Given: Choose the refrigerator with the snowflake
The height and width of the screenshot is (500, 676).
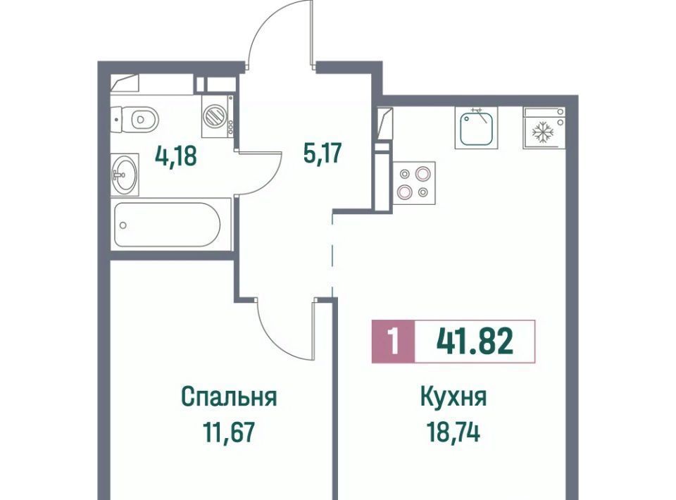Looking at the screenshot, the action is click(544, 127).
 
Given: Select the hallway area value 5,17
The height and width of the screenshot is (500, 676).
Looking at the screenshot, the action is click(323, 153).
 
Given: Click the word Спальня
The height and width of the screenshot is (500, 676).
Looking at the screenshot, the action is click(229, 397).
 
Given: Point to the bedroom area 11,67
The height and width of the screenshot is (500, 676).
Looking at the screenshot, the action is click(229, 432).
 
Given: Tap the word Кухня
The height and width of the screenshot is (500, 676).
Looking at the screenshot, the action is click(453, 397).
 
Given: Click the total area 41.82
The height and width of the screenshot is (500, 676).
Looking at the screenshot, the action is click(475, 341).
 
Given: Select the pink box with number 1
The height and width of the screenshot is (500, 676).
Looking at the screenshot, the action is click(393, 342).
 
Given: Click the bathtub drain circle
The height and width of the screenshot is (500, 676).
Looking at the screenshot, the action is click(123, 225).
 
